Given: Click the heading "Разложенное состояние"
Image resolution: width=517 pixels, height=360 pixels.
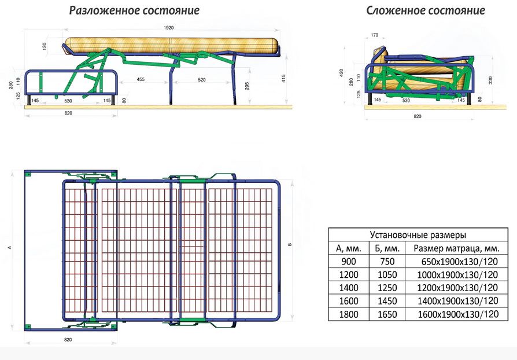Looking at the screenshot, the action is (x=134, y=10).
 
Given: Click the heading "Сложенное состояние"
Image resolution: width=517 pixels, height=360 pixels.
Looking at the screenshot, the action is (x=425, y=10).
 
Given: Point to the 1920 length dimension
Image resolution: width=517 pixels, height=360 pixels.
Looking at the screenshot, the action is (x=168, y=28).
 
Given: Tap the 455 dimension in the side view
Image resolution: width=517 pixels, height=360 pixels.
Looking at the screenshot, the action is (x=141, y=79).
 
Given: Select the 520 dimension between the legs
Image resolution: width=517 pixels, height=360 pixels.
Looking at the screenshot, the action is (x=202, y=79).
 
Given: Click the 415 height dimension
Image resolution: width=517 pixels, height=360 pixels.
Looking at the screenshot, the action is (x=283, y=79).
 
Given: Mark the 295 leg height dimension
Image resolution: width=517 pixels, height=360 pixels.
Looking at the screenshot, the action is (x=248, y=86).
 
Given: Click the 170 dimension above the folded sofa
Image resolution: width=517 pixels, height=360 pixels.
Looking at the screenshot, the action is (x=375, y=35).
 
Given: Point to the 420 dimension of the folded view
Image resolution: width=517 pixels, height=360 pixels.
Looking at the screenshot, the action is (x=341, y=73).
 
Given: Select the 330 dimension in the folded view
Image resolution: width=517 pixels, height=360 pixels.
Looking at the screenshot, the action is (x=490, y=80).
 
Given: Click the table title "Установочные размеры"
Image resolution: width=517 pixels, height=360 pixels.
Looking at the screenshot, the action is (x=418, y=235).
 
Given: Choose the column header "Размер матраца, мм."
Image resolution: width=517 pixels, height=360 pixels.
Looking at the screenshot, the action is (x=456, y=248).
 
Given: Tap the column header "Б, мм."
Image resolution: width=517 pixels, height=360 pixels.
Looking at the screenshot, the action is (x=387, y=248).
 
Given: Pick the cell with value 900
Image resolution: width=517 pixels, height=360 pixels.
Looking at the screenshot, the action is (x=349, y=262).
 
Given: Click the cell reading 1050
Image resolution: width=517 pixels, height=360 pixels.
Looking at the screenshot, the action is (x=387, y=274).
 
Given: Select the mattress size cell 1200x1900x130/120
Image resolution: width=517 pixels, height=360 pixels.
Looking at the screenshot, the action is (x=457, y=288).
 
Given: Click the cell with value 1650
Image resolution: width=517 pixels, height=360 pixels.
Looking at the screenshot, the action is (x=387, y=314).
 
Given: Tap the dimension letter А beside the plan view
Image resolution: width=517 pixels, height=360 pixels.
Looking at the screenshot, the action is (x=10, y=247).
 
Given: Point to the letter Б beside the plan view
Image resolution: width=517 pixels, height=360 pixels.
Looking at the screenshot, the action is (x=290, y=244).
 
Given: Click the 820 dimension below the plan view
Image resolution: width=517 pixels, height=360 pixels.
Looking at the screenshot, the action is (x=68, y=340).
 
